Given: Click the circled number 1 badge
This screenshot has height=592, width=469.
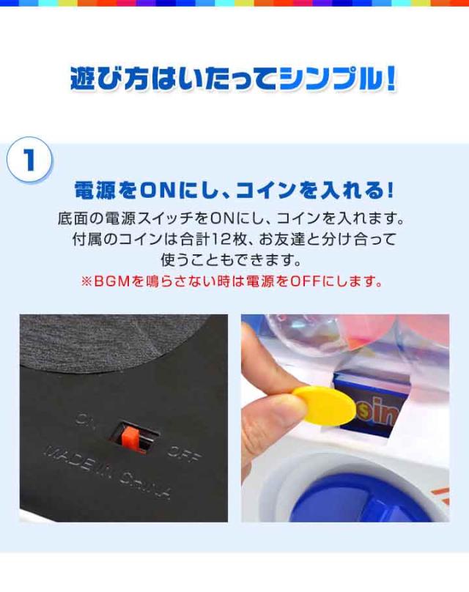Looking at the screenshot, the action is click(x=29, y=160).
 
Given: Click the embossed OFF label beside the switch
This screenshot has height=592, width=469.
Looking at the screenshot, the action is click(x=184, y=453).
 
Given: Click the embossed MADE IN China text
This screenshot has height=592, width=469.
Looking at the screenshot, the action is click(x=108, y=471).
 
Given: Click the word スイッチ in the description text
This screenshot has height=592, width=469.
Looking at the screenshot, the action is click(x=163, y=218).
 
